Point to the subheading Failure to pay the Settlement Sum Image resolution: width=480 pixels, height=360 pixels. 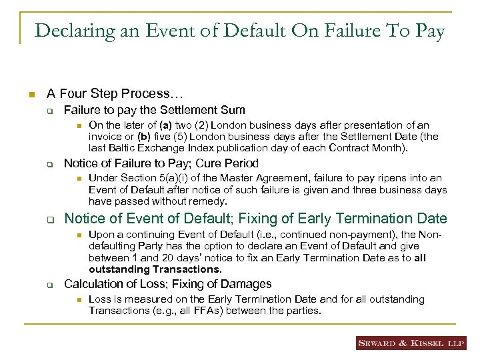pos(154,110)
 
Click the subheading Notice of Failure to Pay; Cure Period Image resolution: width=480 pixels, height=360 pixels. pos(161,163)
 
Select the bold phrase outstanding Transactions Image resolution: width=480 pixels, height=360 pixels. pos(154,269)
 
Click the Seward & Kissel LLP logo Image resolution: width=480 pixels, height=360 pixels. pos(411,343)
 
